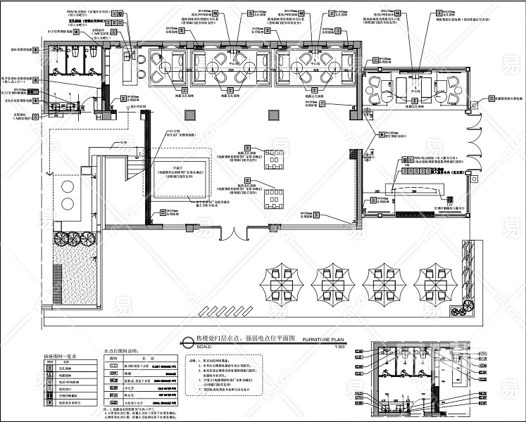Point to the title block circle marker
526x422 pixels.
coord(187,343)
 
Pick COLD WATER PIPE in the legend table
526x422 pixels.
coord(161,385)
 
